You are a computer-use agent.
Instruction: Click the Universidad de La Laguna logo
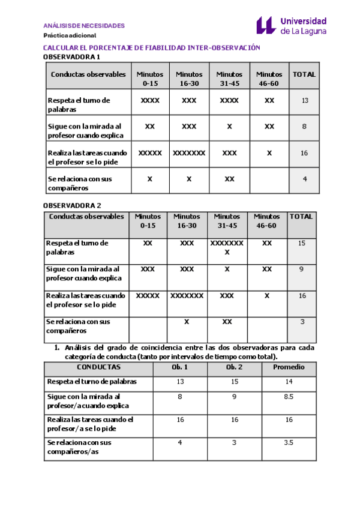[x=292, y=25]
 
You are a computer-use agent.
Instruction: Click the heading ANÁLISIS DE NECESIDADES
[x=84, y=26]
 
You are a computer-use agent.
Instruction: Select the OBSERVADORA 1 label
[x=71, y=57]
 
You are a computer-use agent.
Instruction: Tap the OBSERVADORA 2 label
[x=71, y=205]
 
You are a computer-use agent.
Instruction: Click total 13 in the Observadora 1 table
[x=305, y=101]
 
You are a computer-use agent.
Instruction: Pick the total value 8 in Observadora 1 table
[x=305, y=127]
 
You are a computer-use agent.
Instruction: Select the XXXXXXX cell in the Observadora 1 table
[x=189, y=153]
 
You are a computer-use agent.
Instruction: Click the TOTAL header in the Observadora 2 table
[x=301, y=217]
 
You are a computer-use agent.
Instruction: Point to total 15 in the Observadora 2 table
[x=302, y=243]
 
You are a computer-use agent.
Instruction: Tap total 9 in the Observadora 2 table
[x=302, y=270]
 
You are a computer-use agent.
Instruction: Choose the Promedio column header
[x=289, y=367]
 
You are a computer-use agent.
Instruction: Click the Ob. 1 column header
[x=180, y=367]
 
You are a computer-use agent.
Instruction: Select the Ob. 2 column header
[x=235, y=367]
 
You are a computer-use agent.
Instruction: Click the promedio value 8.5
[x=289, y=397]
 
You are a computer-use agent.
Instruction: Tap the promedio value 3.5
[x=289, y=442]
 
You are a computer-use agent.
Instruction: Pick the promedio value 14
[x=289, y=382]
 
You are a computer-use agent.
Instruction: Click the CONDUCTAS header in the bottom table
[x=98, y=367]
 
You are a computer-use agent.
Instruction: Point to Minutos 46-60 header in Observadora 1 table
[x=269, y=79]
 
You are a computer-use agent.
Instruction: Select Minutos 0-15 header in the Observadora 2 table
[x=148, y=221]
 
